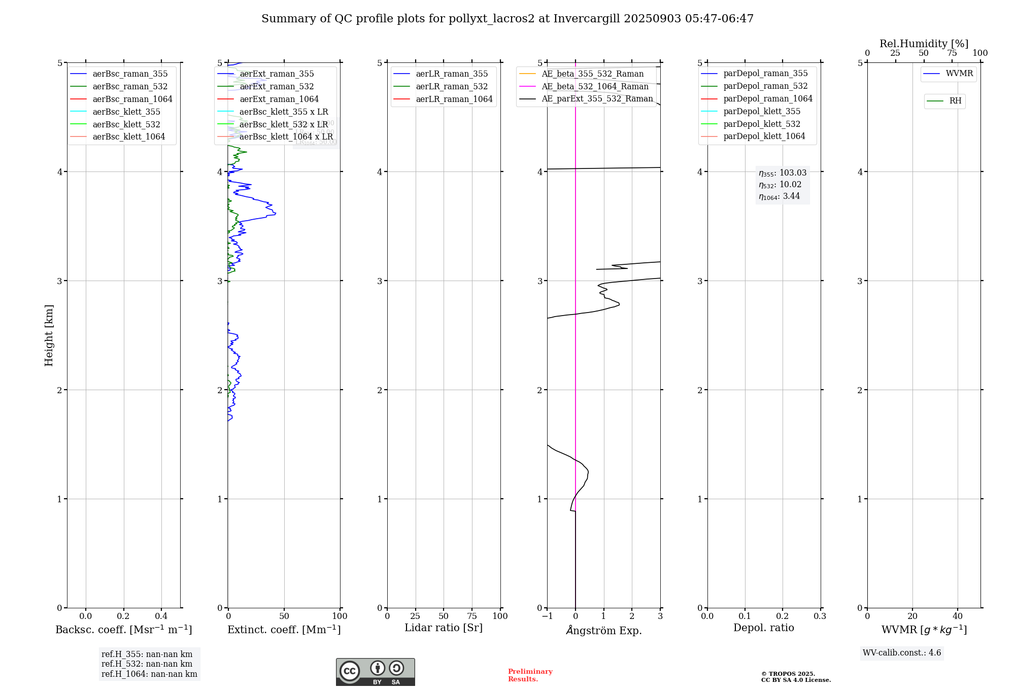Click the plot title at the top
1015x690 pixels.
507,19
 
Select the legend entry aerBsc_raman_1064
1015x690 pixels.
132,99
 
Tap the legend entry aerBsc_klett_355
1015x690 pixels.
126,112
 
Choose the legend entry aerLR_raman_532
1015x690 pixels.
451,86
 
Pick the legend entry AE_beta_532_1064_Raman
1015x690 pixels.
595,86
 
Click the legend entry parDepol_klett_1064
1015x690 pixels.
764,136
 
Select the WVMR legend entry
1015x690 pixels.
959,74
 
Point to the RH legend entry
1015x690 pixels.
955,101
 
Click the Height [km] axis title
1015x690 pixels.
49,335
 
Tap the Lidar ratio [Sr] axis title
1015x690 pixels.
443,628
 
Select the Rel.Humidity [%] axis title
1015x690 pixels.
924,44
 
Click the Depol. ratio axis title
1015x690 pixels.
763,628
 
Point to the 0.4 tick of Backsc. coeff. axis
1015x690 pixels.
161,616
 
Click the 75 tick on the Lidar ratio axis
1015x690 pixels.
472,616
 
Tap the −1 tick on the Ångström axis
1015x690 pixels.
547,616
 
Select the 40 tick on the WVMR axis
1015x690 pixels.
958,616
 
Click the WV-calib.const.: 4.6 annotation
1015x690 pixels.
901,652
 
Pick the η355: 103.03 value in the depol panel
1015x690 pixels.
782,173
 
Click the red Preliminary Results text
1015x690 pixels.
530,675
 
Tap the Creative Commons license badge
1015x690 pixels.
375,672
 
